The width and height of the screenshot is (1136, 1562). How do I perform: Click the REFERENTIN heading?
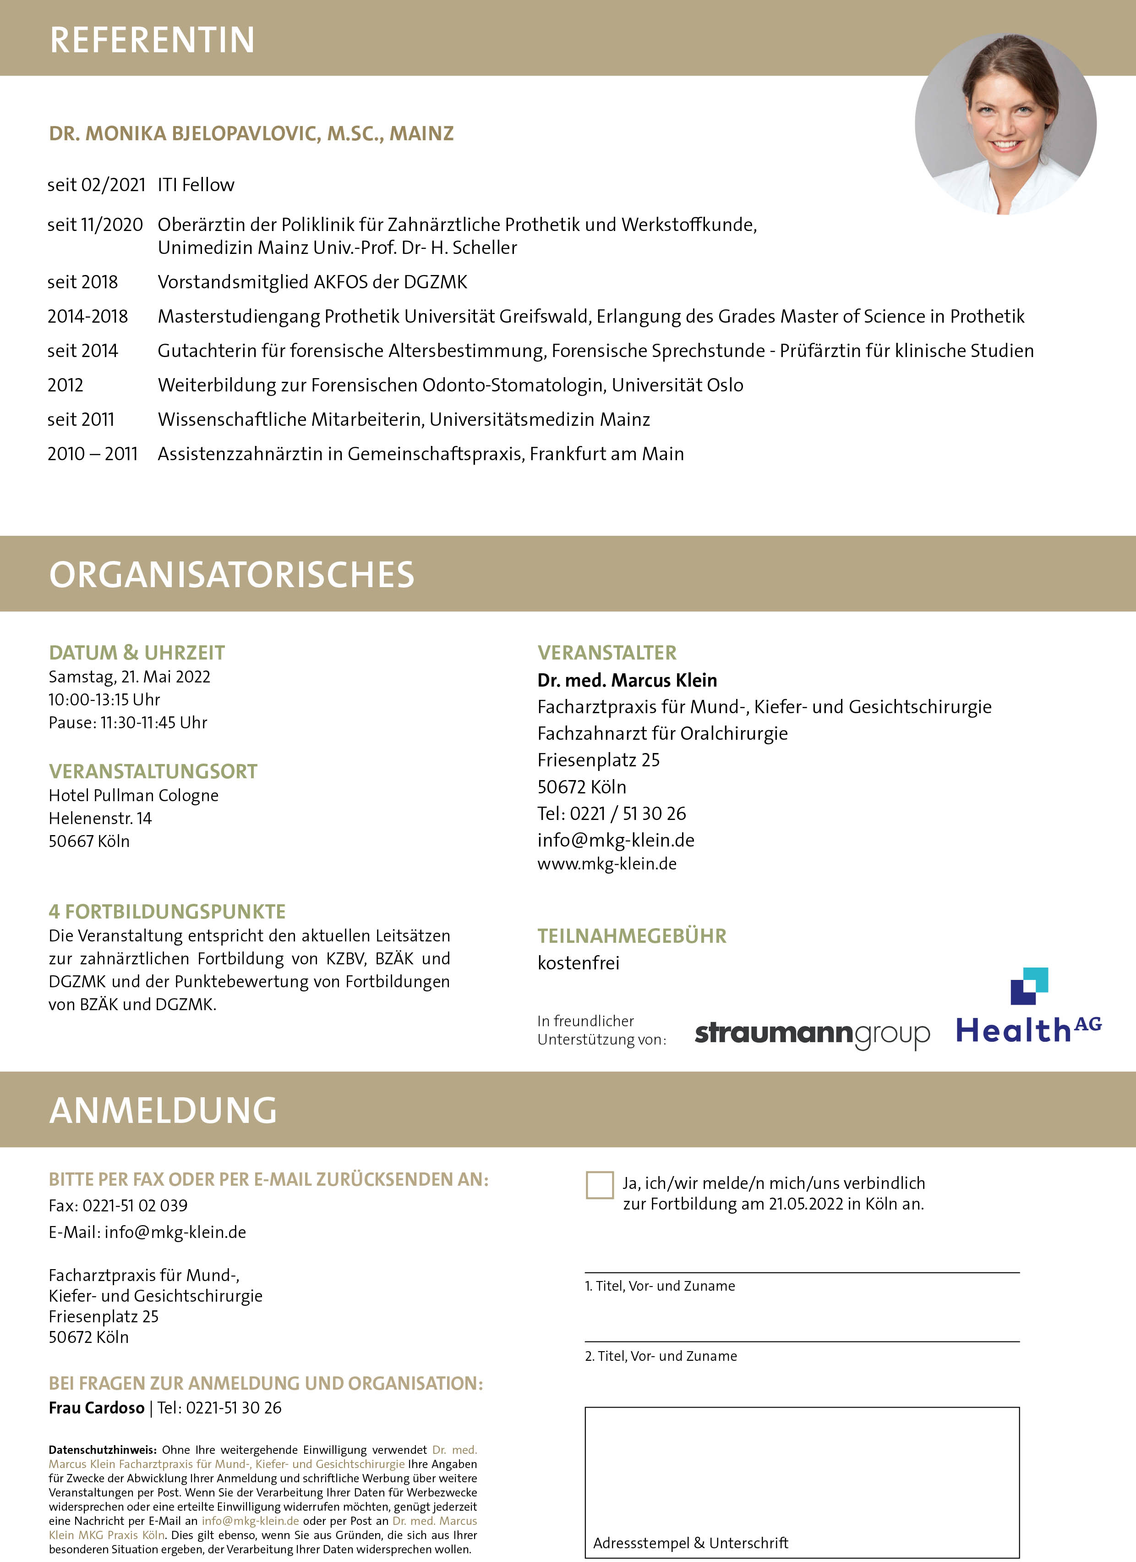click(152, 40)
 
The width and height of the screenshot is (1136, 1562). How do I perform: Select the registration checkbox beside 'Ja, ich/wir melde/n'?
click(599, 1185)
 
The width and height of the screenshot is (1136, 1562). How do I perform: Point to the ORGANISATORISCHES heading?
click(232, 574)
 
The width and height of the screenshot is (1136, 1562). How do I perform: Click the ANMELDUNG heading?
click(163, 1110)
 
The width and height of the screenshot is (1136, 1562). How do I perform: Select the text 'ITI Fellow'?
click(196, 185)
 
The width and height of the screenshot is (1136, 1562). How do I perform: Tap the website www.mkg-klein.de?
click(606, 863)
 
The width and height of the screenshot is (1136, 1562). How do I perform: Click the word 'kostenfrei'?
click(579, 963)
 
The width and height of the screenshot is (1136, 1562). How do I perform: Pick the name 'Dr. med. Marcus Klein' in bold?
click(627, 681)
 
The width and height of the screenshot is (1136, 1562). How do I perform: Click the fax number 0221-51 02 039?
click(135, 1205)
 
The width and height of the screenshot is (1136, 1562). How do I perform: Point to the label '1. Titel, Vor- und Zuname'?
click(660, 1286)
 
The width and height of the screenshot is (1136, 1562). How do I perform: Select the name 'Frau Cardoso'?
click(96, 1408)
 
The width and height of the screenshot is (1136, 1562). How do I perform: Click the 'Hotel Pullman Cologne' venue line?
click(134, 796)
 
